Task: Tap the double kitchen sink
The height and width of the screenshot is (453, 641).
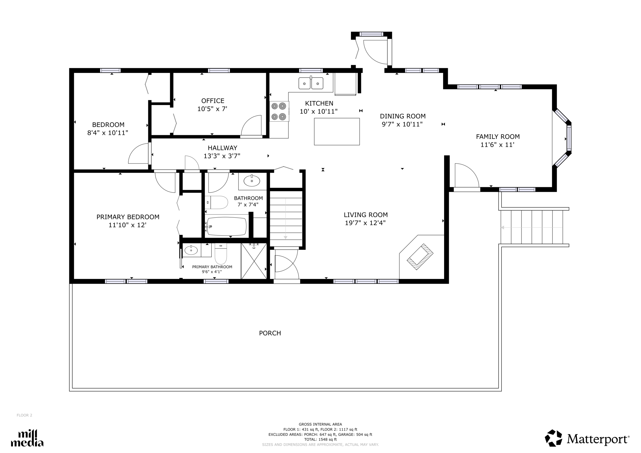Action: (311, 83)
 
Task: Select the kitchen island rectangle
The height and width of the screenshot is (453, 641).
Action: (337, 131)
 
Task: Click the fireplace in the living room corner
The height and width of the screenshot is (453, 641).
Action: (420, 257)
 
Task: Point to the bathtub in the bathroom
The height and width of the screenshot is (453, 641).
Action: (227, 226)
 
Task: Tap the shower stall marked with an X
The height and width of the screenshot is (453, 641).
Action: (254, 261)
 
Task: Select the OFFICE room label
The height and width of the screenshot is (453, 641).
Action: (213, 101)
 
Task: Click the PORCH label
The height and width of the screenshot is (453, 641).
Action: (270, 333)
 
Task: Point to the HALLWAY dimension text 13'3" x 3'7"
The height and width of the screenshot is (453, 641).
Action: (222, 156)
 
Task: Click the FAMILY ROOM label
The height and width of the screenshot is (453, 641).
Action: (498, 136)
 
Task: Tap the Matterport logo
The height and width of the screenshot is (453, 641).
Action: (587, 438)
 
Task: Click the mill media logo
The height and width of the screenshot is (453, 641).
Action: (27, 438)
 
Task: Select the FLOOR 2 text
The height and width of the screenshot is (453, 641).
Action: (24, 415)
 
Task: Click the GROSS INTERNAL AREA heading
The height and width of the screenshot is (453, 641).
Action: (320, 424)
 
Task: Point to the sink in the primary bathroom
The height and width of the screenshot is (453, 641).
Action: (191, 250)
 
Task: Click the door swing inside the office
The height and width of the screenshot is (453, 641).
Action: (251, 125)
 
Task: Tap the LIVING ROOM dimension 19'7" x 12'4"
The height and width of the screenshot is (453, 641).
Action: (365, 223)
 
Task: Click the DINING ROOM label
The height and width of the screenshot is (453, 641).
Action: (402, 116)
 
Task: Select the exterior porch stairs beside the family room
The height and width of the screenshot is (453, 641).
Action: (533, 227)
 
